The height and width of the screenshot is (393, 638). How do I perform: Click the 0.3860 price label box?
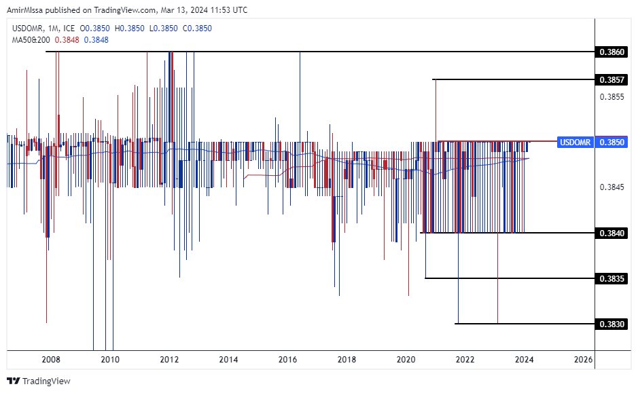pyautogui.click(x=612, y=52)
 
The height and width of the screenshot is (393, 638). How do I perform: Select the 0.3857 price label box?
pyautogui.click(x=612, y=79)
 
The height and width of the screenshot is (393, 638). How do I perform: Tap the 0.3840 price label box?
pyautogui.click(x=612, y=233)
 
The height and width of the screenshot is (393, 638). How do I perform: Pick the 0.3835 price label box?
pyautogui.click(x=612, y=278)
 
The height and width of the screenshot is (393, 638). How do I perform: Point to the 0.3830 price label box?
pyautogui.click(x=612, y=324)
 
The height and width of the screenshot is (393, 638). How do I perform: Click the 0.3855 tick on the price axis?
pyautogui.click(x=612, y=97)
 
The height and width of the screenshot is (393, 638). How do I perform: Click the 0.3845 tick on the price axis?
pyautogui.click(x=612, y=187)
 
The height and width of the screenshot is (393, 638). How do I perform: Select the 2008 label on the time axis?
pyautogui.click(x=51, y=359)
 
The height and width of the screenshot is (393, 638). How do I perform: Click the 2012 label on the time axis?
pyautogui.click(x=169, y=359)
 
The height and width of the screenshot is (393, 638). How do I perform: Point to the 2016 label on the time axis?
pyautogui.click(x=288, y=359)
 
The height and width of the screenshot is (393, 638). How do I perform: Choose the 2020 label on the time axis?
pyautogui.click(x=406, y=359)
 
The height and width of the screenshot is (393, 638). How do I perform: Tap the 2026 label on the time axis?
pyautogui.click(x=583, y=359)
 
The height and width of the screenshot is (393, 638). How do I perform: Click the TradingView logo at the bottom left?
pyautogui.click(x=39, y=381)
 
